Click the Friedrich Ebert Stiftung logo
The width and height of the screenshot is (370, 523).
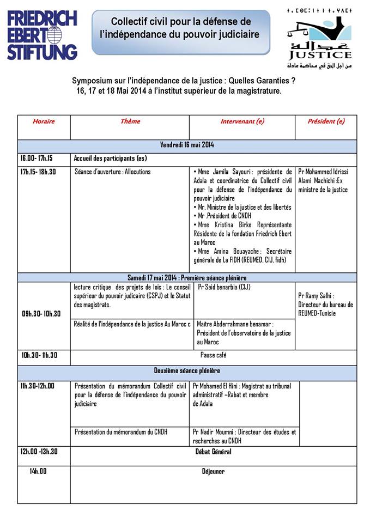(43, 34)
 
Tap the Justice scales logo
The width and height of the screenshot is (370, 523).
(319, 38)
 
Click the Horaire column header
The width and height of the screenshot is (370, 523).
(44, 121)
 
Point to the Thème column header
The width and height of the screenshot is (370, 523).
(130, 121)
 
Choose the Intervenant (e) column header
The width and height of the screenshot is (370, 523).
(242, 121)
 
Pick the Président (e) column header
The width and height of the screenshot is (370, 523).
(326, 121)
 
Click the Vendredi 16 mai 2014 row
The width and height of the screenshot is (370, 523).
(187, 145)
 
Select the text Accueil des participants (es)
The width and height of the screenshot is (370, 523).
(111, 158)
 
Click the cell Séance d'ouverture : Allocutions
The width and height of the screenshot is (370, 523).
(113, 172)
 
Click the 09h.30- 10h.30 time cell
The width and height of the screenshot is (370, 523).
(41, 314)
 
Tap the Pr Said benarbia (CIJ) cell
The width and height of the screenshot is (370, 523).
(224, 287)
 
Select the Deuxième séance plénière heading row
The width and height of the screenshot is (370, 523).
(187, 371)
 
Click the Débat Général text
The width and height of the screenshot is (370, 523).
(213, 452)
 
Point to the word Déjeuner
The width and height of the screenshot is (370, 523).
(213, 472)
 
